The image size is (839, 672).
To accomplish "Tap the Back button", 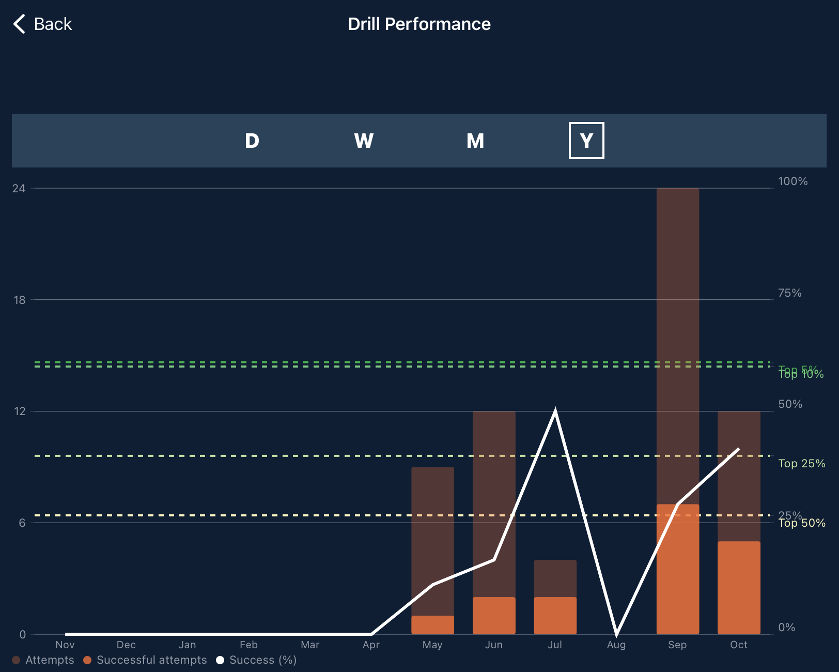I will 42,24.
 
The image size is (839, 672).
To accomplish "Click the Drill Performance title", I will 419,24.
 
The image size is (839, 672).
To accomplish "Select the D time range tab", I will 252,141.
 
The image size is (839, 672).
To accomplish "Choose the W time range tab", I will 364,141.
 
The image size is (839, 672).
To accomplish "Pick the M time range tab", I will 475,141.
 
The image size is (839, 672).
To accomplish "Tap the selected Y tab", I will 586,141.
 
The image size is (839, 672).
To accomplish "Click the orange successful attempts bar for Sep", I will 677,569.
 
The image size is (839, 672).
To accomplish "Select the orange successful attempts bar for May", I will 432,624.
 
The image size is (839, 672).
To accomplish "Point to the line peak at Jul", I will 555,411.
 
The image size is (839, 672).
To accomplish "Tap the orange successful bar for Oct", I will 739,587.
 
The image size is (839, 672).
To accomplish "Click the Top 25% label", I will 801,464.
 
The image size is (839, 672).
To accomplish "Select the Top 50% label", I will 802,524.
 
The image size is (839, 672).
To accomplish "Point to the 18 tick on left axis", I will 19,300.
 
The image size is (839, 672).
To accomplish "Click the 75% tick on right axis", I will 790,293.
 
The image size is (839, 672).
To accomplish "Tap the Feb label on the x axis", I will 248,645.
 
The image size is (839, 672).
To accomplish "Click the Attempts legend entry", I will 43,660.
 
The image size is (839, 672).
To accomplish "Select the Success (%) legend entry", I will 257,660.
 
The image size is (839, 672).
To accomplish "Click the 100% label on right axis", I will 793,181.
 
